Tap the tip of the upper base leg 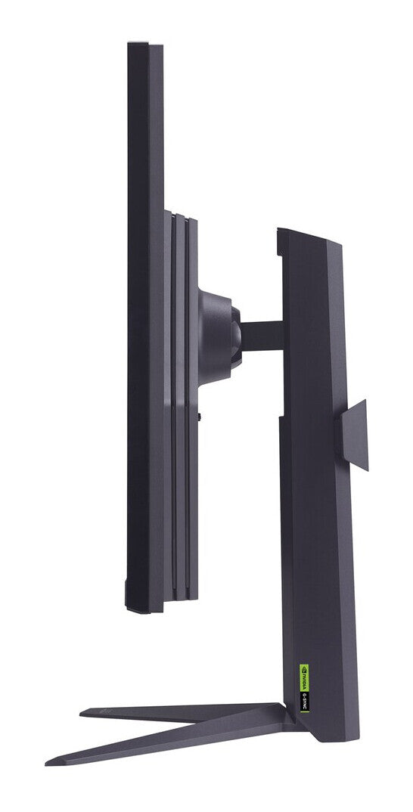83,711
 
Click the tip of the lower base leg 50,761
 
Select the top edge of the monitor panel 145,44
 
